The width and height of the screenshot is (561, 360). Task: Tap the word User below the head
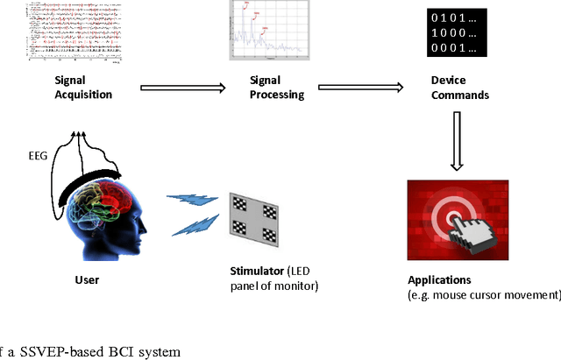[88, 280]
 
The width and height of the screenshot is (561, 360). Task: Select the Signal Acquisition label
[71, 85]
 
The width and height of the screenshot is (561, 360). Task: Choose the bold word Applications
[439, 280]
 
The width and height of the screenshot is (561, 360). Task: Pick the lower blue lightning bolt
[190, 229]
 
